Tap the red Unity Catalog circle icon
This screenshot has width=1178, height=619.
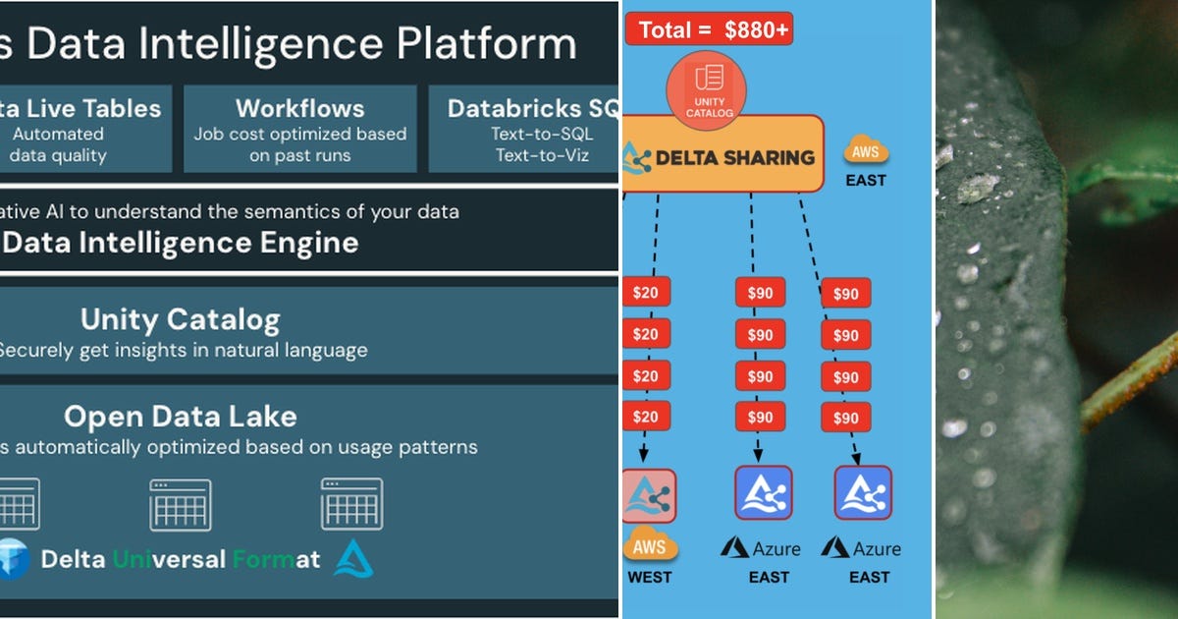(x=706, y=91)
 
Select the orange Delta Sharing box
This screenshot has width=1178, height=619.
(x=723, y=155)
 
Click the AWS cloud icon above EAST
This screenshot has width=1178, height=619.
(x=866, y=151)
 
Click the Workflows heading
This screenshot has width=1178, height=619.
(x=299, y=108)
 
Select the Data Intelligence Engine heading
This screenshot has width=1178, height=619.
(x=182, y=242)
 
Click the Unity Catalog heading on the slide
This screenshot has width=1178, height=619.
(x=180, y=319)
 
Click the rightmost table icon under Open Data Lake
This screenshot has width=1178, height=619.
(x=351, y=504)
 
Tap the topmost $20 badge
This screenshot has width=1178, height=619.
(x=645, y=293)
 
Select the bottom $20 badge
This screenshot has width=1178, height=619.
(x=645, y=417)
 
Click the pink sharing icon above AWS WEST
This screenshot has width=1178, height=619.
(x=648, y=494)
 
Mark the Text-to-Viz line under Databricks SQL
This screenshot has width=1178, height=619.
(x=542, y=155)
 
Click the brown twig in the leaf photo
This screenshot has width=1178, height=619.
(x=1129, y=383)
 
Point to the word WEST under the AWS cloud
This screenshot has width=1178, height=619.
(x=649, y=577)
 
